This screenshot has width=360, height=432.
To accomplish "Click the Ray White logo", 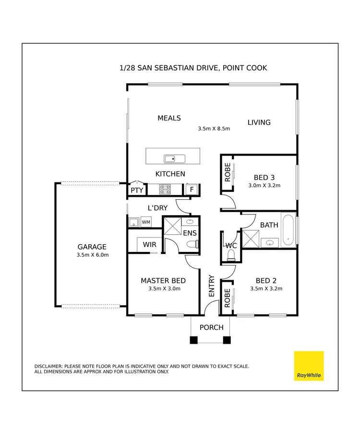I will pyautogui.click(x=309, y=366).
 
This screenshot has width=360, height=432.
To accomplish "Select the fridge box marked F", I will pyautogui.click(x=192, y=190).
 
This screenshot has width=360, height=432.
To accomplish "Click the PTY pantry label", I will pyautogui.click(x=137, y=191).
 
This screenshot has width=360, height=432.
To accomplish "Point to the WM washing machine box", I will pyautogui.click(x=146, y=222).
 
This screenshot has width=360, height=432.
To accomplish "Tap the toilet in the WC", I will pyautogui.click(x=231, y=253).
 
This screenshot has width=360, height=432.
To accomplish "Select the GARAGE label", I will pyautogui.click(x=92, y=247).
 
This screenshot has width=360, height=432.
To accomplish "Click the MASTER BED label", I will pyautogui.click(x=163, y=281).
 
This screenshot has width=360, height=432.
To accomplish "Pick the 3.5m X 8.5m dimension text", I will pyautogui.click(x=214, y=129).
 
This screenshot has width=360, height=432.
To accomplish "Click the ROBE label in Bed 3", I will pyautogui.click(x=228, y=173).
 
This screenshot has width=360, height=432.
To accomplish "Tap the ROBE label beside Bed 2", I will pyautogui.click(x=227, y=298).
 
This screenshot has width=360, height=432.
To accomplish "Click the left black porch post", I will pyautogui.click(x=193, y=340).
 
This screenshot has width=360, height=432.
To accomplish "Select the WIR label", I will pyautogui.click(x=150, y=244).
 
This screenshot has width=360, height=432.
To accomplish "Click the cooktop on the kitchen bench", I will pyautogui.click(x=166, y=190).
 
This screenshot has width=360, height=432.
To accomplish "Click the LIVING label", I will pyautogui.click(x=259, y=122).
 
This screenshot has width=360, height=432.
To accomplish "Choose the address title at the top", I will pyautogui.click(x=193, y=68).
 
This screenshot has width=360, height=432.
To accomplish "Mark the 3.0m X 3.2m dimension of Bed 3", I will pyautogui.click(x=264, y=185).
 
